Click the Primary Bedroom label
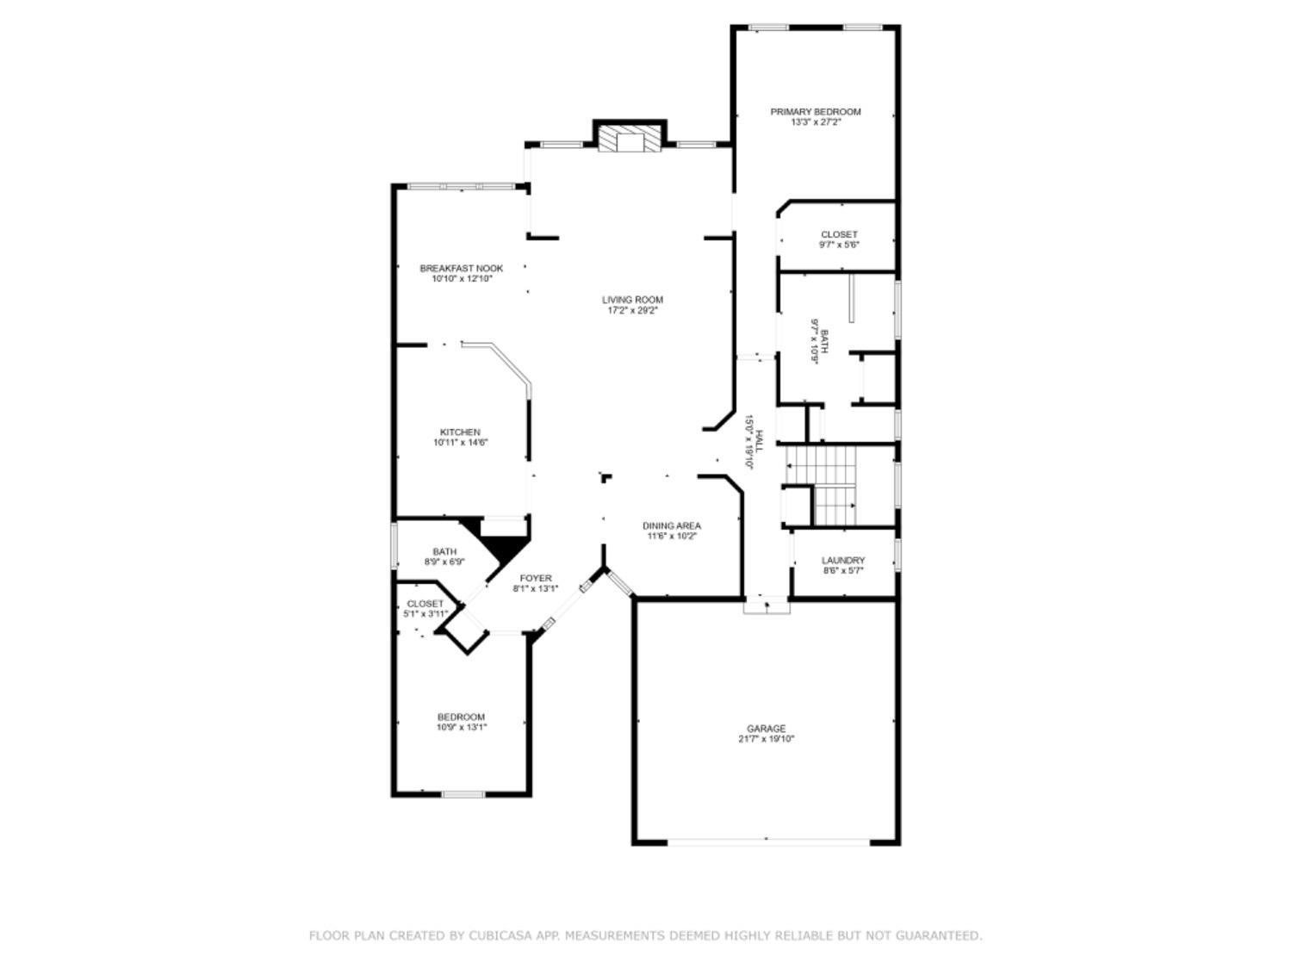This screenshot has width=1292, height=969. pos(815,112)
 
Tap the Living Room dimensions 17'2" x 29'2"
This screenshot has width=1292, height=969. pos(632,311)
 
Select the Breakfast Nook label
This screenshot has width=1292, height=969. pos(461,268)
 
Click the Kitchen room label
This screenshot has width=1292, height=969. pos(460,432)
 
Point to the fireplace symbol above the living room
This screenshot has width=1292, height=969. pos(630,140)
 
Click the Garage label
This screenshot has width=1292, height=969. pos(766,729)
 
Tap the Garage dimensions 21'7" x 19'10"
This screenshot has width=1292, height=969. pos(766,739)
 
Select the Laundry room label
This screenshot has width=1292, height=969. pos(843,561)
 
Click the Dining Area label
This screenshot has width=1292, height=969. pos(671,525)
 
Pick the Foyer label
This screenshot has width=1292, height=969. pos(535,578)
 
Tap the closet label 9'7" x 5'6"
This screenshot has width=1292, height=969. pos(839,245)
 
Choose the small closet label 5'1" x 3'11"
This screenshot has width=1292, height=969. pos(425,614)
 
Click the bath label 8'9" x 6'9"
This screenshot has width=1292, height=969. pos(444,562)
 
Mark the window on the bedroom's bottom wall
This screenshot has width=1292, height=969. pos(463,793)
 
